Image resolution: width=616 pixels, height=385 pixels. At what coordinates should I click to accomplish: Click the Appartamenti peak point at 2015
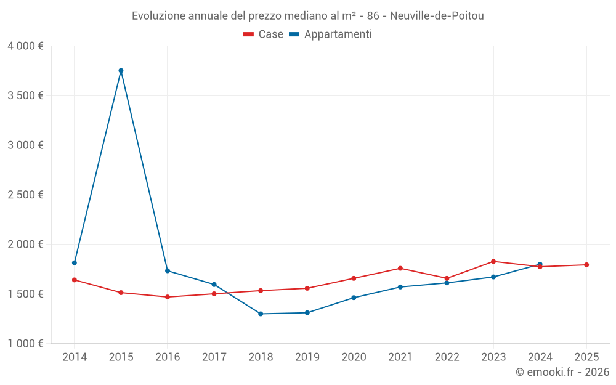121,70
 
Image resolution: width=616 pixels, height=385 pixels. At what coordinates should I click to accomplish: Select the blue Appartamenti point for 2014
75,263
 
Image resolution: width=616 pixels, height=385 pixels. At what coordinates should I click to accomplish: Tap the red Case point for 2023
493,261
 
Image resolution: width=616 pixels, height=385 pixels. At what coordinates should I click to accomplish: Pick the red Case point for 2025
586,265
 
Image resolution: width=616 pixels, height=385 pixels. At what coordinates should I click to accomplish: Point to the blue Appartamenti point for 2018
261,314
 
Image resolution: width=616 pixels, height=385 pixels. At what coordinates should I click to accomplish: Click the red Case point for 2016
168,297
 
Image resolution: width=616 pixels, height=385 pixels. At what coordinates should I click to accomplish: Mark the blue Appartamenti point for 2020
354,298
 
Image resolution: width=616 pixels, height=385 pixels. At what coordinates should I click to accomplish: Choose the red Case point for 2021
400,268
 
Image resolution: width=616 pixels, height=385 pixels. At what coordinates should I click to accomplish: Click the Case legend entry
264,34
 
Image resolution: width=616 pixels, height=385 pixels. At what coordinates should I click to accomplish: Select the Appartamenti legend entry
331,34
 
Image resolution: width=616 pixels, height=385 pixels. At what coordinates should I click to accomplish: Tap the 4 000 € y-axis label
26,46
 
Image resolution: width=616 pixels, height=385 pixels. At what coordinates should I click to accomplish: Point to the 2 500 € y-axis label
26,195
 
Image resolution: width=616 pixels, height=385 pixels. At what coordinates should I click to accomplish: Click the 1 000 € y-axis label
26,344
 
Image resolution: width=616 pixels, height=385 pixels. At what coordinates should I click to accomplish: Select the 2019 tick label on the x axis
307,357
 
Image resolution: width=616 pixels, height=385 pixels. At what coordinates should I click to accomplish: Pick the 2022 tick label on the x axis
447,357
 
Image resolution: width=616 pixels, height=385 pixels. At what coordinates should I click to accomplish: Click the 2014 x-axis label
75,357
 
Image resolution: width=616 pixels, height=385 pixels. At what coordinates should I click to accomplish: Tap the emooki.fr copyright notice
562,372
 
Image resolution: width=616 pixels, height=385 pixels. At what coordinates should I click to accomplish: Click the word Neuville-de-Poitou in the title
441,16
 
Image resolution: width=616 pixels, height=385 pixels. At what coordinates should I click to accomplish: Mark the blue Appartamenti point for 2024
540,264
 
